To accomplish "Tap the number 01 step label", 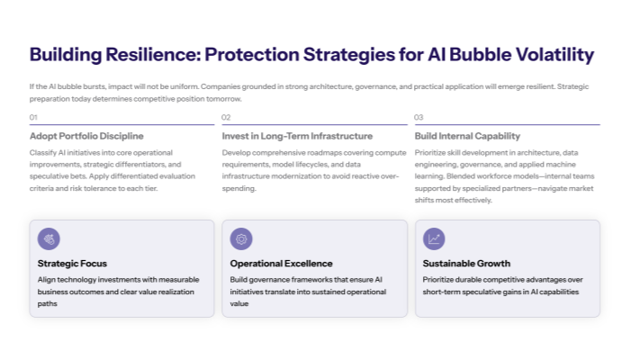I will (33, 118).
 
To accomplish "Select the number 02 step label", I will (226, 118).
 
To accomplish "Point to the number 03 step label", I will (418, 118).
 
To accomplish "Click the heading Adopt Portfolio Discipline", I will (86, 136).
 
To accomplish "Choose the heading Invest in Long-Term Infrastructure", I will (297, 136).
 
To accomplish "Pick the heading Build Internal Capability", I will (467, 136).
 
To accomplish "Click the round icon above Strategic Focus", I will (49, 238).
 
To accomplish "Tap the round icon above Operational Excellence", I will (241, 238).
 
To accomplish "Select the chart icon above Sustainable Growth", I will (434, 238).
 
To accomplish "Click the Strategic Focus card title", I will (72, 264).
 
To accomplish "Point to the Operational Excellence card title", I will (281, 264).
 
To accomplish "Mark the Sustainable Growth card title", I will (466, 264).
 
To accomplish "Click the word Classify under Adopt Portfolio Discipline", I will (44, 152).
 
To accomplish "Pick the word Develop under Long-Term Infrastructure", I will (238, 152).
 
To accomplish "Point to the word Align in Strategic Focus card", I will (47, 280).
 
